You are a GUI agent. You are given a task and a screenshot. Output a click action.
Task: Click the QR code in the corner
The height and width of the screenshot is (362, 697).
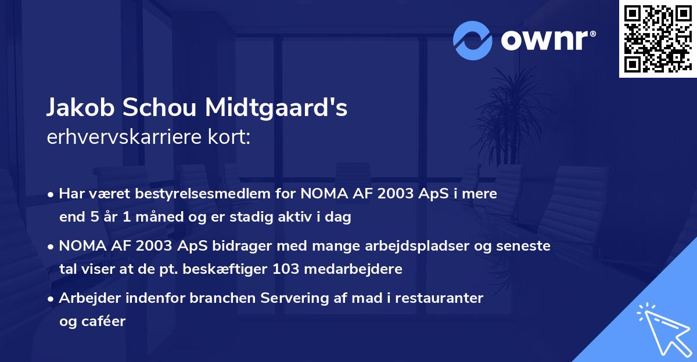pyautogui.click(x=658, y=38)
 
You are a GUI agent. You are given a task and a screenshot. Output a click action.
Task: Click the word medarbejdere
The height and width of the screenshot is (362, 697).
pyautogui.click(x=365, y=269)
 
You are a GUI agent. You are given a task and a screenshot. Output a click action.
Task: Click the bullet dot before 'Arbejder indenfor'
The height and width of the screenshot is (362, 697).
pyautogui.click(x=52, y=299)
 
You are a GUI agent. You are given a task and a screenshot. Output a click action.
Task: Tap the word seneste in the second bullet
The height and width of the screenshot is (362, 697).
pyautogui.click(x=525, y=247)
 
